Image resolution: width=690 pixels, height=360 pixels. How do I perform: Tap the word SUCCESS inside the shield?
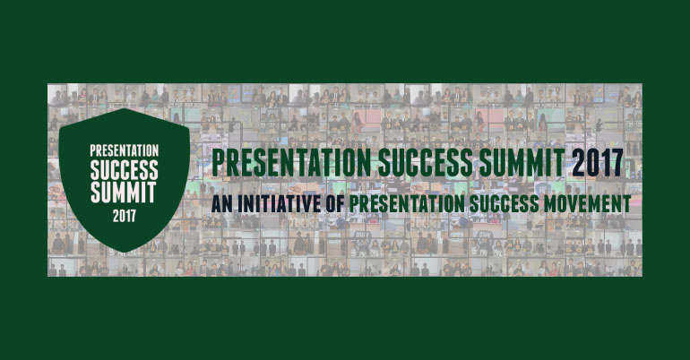(124, 169)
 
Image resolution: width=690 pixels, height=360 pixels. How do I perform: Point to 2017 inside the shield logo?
(124, 215)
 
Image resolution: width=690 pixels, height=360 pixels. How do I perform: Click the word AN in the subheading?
(222, 203)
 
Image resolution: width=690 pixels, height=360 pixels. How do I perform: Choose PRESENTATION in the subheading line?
(395, 203)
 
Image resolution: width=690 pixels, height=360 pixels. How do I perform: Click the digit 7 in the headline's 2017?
(615, 164)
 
